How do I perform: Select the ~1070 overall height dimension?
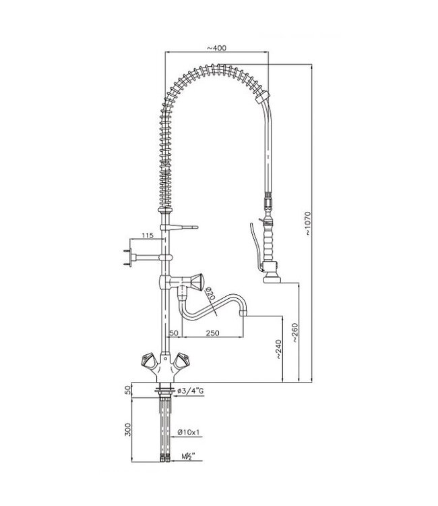[308, 223]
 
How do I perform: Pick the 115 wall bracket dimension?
[148, 235]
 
